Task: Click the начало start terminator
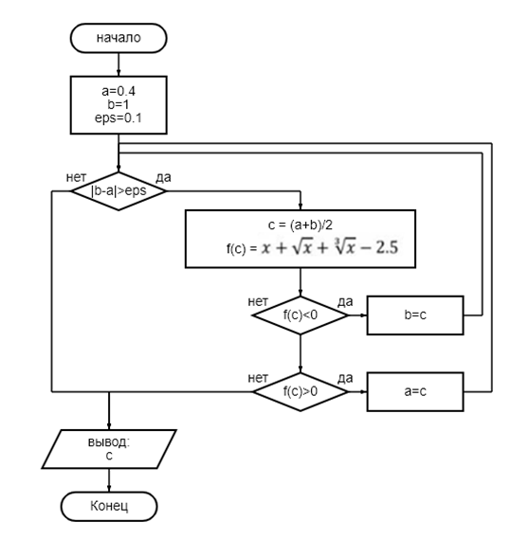119,38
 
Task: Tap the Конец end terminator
109,506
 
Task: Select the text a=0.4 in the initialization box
119,91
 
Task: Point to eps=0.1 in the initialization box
119,118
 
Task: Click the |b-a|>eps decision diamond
119,191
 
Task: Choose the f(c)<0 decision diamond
301,315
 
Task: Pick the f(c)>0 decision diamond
301,391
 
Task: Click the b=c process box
415,315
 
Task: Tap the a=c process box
415,391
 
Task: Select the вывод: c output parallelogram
109,449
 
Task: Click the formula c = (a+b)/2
301,225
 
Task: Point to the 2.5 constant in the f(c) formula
387,247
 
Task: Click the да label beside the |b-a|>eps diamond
163,178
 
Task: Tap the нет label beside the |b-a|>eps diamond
76,178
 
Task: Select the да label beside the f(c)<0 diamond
345,302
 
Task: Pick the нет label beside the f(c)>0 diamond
258,378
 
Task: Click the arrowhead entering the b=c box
363,315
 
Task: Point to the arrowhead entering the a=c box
363,391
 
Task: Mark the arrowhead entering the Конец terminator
109,488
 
